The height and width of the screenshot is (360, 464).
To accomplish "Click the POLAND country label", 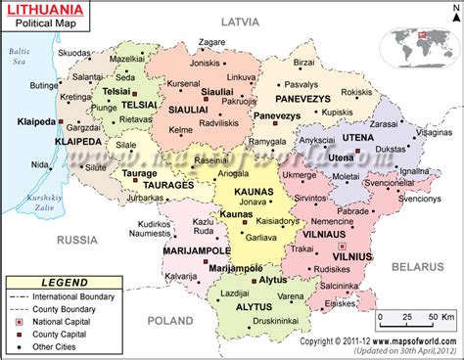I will (x=169, y=320).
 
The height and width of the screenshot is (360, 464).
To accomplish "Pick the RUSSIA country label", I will (x=74, y=238).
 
